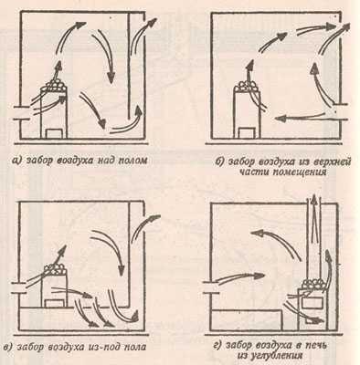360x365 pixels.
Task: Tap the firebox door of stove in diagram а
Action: pyautogui.click(x=55, y=133)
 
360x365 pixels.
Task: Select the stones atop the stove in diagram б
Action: pyautogui.click(x=248, y=86)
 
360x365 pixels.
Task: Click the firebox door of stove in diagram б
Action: pyautogui.click(x=247, y=133)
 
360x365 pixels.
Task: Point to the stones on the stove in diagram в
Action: pyautogui.click(x=55, y=270)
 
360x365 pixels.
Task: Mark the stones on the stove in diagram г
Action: pyautogui.click(x=313, y=285)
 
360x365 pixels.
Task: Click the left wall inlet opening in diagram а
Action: pyautogui.click(x=21, y=113)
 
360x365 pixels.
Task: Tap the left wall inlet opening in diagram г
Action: pyautogui.click(x=211, y=287)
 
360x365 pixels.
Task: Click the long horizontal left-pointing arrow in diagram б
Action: pyautogui.click(x=299, y=117)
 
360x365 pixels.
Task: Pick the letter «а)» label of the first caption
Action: pyautogui.click(x=16, y=161)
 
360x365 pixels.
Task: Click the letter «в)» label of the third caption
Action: pyautogui.click(x=8, y=347)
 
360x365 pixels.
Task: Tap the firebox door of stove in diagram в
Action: pyautogui.click(x=55, y=303)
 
